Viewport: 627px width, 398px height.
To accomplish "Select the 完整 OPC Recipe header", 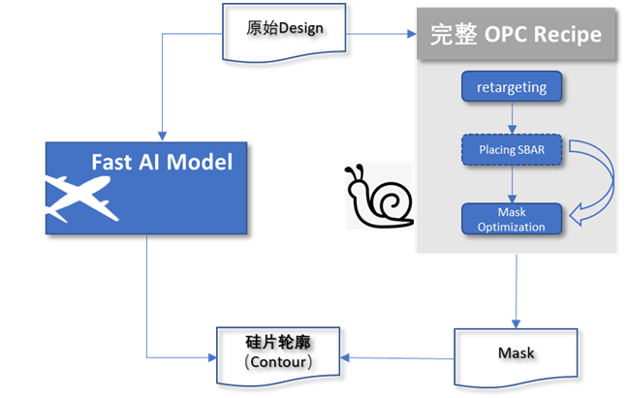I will (516, 35).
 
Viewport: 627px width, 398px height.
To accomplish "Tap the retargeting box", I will (512, 88).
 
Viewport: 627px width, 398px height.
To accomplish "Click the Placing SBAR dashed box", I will (512, 150).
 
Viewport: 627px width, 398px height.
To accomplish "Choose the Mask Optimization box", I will (512, 220).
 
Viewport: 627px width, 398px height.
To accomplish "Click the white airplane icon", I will (82, 198).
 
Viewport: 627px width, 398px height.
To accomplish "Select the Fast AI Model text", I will (162, 162).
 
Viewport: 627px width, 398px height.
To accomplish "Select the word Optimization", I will (512, 228).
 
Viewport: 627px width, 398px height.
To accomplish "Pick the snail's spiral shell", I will (392, 203).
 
